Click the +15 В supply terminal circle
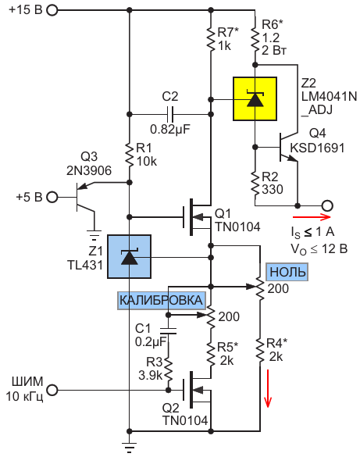coord(52,10)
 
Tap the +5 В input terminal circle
coord(52,197)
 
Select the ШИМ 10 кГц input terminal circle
coord(52,390)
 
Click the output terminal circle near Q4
coord(326,205)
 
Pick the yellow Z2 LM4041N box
coord(255,98)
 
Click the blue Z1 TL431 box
coord(129,256)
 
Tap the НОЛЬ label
coord(287,272)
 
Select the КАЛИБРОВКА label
coord(162,300)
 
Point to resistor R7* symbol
coord(211,39)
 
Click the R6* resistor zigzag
coord(255,39)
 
